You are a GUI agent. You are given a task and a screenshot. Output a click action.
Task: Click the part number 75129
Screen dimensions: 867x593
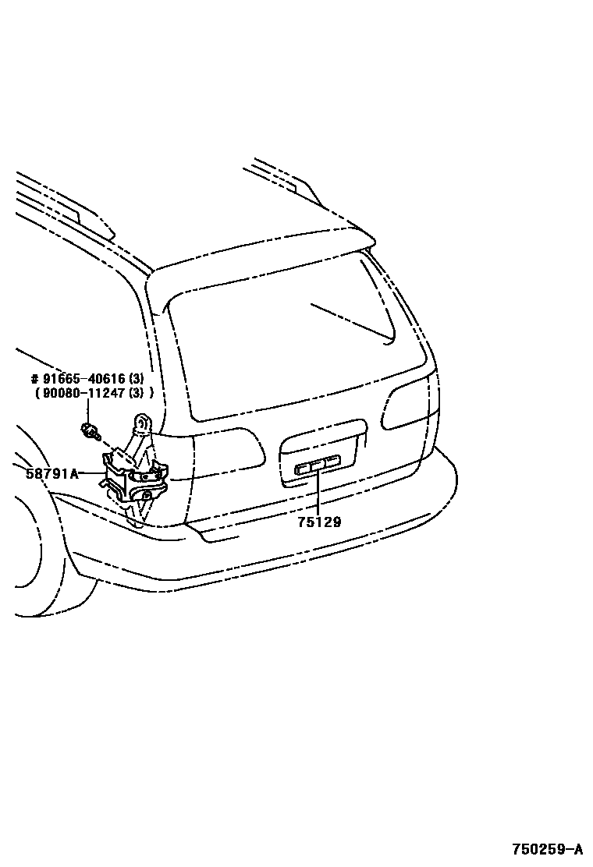click(x=318, y=522)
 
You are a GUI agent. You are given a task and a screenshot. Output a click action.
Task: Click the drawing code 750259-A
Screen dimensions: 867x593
click(x=547, y=849)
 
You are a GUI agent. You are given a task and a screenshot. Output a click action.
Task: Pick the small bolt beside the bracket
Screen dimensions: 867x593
click(x=90, y=429)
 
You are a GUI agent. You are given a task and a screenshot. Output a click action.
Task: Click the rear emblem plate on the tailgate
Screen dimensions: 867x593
click(x=317, y=467)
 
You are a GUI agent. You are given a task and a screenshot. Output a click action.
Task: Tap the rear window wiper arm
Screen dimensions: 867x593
click(x=351, y=321)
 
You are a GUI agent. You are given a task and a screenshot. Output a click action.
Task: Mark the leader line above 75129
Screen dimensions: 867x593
click(x=318, y=495)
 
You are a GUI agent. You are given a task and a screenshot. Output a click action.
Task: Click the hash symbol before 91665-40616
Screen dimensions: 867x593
click(x=34, y=380)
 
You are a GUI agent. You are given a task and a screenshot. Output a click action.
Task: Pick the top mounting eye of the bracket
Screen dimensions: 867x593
click(x=144, y=422)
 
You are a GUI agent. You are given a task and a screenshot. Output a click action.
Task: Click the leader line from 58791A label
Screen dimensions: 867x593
click(x=92, y=473)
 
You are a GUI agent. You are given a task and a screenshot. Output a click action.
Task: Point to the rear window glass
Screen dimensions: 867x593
click(x=289, y=343)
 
